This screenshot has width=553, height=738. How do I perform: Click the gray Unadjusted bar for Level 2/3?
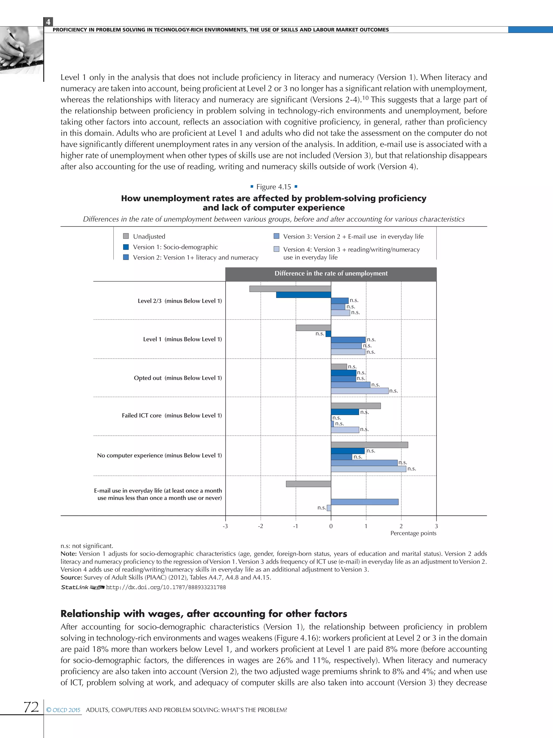[290, 289]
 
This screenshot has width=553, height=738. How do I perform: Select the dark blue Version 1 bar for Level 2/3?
[303, 295]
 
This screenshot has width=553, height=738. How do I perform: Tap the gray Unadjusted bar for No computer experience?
[369, 445]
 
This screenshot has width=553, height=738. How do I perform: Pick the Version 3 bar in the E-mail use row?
[365, 502]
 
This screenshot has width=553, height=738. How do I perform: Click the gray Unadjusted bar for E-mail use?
[308, 484]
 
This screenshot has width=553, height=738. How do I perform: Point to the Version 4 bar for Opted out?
[360, 391]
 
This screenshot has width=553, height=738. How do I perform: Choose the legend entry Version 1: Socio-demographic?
[175, 247]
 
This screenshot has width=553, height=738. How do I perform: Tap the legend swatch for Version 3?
[276, 236]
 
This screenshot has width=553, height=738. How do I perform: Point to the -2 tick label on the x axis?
[260, 526]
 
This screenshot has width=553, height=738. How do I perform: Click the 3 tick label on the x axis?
[436, 526]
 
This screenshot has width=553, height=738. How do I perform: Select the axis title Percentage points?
[413, 533]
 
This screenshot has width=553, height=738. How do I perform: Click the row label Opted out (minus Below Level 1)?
[178, 378]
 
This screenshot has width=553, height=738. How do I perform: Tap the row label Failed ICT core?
[172, 415]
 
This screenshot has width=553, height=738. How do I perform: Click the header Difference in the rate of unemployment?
[331, 273]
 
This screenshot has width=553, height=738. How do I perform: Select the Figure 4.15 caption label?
[273, 187]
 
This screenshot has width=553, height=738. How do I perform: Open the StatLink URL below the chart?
[166, 587]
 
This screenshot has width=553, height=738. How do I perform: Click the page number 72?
[31, 707]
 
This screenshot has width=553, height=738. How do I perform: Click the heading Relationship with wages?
[204, 613]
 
